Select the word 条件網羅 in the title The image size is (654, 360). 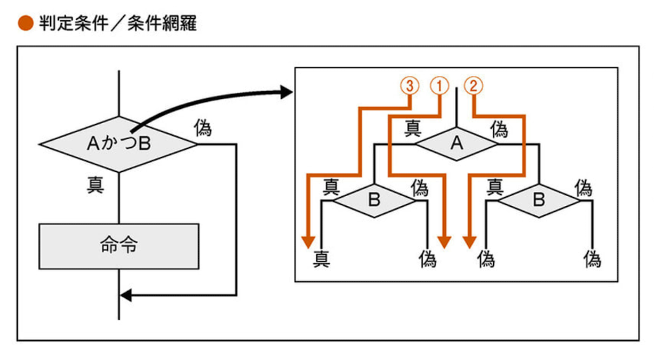[x=162, y=24]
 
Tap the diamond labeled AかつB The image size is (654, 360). [x=119, y=144]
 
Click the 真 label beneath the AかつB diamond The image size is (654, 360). [x=96, y=185]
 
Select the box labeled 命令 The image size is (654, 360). [x=119, y=246]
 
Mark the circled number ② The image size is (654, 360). [x=473, y=86]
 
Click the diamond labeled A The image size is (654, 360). [x=456, y=143]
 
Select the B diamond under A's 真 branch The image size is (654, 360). [x=374, y=200]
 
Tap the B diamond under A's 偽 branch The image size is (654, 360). [x=538, y=200]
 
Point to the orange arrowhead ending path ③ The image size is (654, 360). [x=308, y=241]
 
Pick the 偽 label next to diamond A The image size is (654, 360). [x=499, y=129]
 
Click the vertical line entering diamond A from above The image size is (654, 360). [x=457, y=105]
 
